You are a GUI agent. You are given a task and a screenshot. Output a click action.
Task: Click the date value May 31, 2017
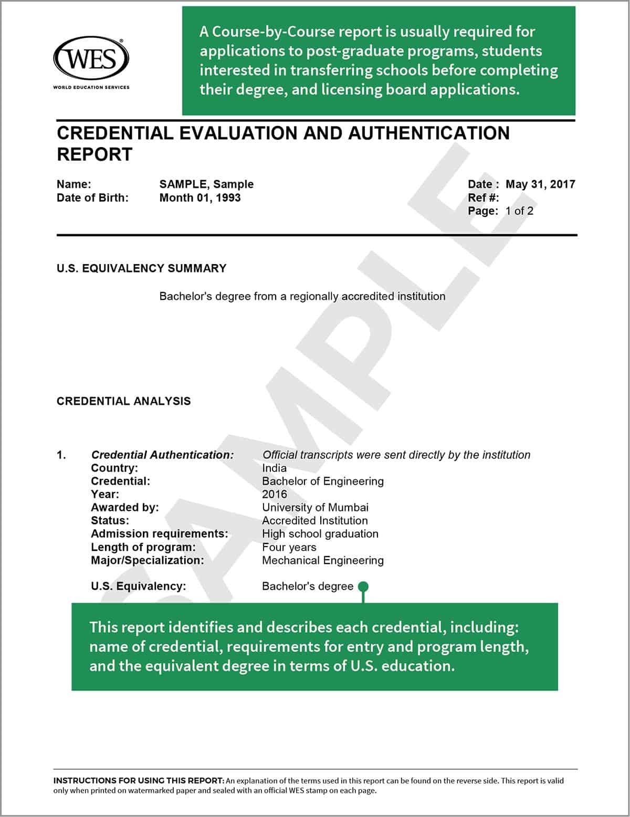[540, 184]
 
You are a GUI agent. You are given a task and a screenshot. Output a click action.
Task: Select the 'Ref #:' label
[483, 198]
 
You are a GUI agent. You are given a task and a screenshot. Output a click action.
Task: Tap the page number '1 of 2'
[519, 211]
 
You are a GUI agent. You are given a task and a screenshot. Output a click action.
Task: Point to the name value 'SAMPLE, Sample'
[206, 184]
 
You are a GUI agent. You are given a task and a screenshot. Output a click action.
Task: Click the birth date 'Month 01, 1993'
[200, 198]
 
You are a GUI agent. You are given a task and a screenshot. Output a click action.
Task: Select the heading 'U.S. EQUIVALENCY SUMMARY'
[141, 268]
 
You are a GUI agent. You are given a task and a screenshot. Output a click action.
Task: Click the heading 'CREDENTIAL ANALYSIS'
[123, 401]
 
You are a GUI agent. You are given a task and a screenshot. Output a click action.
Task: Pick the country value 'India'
[274, 468]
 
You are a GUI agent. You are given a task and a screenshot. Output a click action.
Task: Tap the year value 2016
[275, 495]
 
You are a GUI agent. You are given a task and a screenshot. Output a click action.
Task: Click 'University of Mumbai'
[315, 508]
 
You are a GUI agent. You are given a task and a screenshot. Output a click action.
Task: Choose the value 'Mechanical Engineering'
[322, 561]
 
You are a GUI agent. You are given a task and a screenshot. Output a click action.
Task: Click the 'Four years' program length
[289, 548]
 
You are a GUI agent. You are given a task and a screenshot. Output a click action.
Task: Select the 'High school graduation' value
[320, 534]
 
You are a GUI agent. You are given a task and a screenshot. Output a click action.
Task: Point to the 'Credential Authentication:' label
[162, 455]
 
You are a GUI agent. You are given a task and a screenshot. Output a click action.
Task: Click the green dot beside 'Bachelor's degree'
[363, 586]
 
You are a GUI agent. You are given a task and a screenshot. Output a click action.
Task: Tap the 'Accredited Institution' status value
[314, 521]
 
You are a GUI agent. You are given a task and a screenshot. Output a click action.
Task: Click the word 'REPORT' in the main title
[94, 155]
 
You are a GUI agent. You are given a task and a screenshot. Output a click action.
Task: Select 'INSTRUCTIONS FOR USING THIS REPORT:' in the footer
[139, 781]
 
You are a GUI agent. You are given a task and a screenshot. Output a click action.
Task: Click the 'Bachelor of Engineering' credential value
[322, 481]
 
